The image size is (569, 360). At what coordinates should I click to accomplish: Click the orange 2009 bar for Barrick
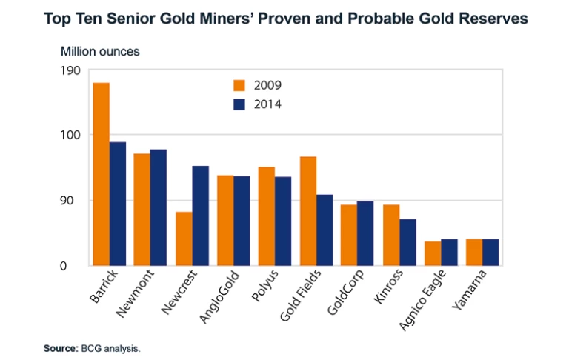(101, 174)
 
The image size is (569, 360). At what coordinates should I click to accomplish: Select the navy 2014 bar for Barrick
(118, 204)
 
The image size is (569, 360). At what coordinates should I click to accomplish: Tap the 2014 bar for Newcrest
(200, 216)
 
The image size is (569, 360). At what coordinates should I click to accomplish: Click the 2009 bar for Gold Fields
(307, 211)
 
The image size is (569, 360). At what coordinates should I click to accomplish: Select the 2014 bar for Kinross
(407, 242)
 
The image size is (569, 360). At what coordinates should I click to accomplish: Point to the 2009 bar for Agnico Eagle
(432, 253)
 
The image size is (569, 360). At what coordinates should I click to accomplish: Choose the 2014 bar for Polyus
(283, 221)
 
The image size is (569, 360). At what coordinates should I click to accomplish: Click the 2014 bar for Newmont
(159, 207)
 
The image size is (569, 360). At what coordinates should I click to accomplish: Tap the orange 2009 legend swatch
(239, 85)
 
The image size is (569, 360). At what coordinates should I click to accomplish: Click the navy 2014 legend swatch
(239, 104)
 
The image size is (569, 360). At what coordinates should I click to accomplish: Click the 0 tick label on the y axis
(75, 266)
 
